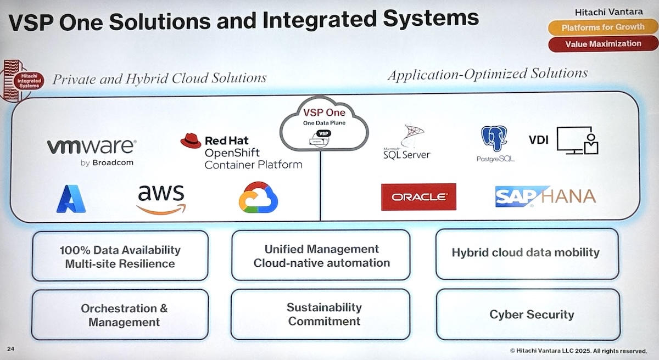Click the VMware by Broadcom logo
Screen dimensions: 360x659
91,150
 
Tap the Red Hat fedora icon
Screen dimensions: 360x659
191,141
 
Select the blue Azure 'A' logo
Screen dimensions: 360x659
71,199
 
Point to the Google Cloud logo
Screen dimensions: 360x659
258,198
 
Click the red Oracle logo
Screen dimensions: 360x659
418,196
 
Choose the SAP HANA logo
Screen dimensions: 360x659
545,196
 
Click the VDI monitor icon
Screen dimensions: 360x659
577,140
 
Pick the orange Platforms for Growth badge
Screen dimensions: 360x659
602,27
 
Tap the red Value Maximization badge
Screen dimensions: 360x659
602,43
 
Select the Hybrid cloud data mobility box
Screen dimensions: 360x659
526,253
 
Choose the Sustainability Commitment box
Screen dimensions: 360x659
324,314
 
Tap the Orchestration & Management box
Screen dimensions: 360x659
124,315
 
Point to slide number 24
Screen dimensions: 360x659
11,349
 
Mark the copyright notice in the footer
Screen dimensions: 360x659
579,350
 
